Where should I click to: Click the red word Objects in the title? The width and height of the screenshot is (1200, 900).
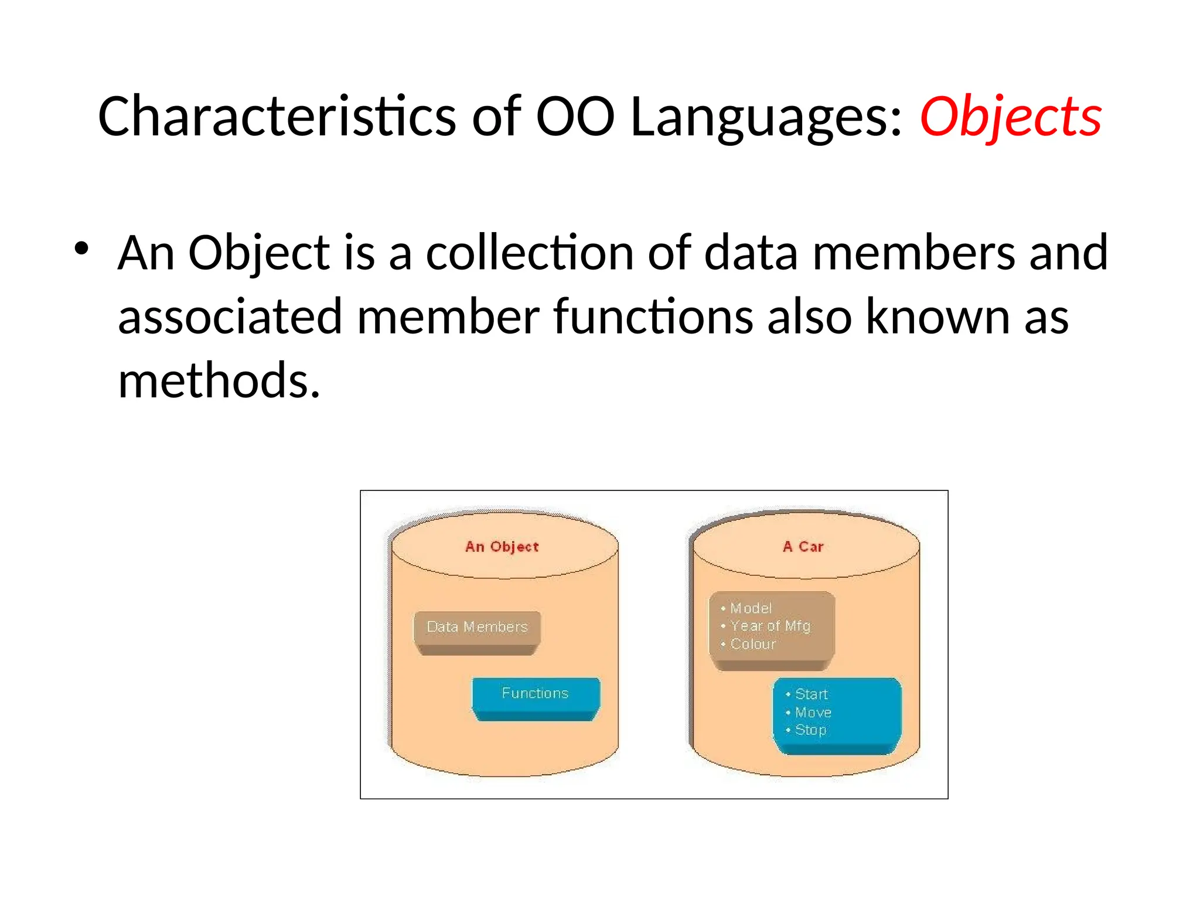point(1010,117)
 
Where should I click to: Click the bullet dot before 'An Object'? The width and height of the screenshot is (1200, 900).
point(81,249)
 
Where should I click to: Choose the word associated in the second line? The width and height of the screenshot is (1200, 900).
point(230,317)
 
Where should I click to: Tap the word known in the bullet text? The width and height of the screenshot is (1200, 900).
point(937,317)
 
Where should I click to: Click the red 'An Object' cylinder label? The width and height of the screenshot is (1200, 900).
point(502,547)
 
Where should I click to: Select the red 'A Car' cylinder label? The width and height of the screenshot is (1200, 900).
point(803,547)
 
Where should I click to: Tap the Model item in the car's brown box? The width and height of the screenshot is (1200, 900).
point(751,608)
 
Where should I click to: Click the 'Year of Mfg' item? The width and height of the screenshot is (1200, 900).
point(769,626)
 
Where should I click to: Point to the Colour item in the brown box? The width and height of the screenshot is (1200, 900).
point(752,645)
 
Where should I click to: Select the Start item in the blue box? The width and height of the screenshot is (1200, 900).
point(811,694)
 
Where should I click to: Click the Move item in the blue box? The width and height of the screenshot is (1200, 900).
point(813,712)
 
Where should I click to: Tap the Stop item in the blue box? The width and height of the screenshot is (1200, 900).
point(810,730)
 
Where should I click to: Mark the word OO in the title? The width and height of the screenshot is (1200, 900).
point(575,117)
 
